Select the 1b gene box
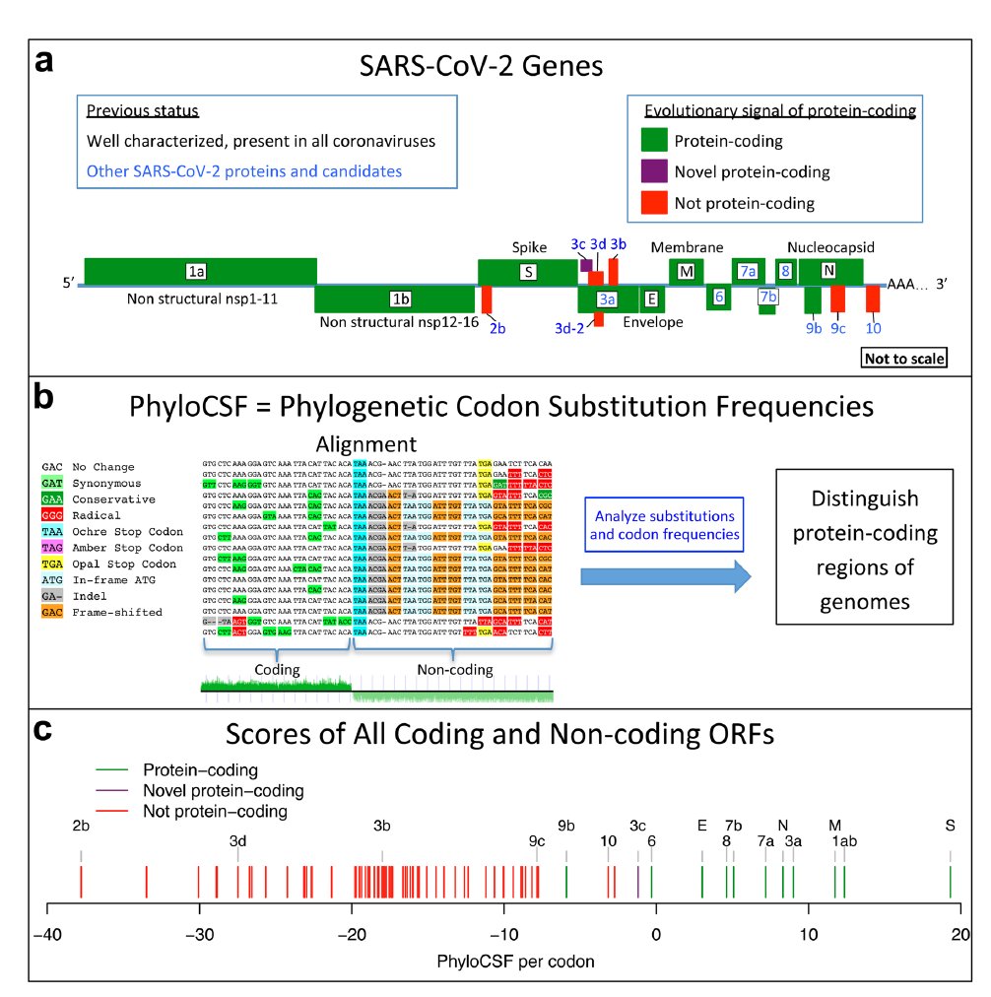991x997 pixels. (394, 299)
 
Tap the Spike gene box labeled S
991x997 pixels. (527, 272)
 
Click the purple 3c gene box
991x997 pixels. (586, 264)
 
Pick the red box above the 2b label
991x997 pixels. (487, 299)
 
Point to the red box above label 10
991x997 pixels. (873, 298)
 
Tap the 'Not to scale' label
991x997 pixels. (903, 359)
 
